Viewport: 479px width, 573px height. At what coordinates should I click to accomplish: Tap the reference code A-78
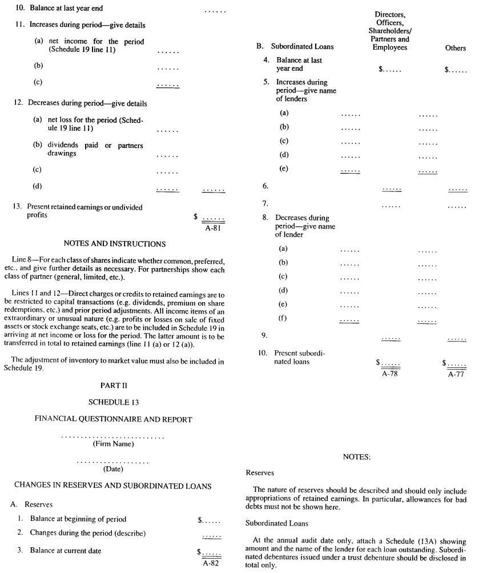tap(391, 374)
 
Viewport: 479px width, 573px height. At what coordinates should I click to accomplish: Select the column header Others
tap(456, 49)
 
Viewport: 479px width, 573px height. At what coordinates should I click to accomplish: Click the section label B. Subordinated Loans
tap(295, 46)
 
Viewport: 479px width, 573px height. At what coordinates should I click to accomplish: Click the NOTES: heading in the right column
tap(357, 457)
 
